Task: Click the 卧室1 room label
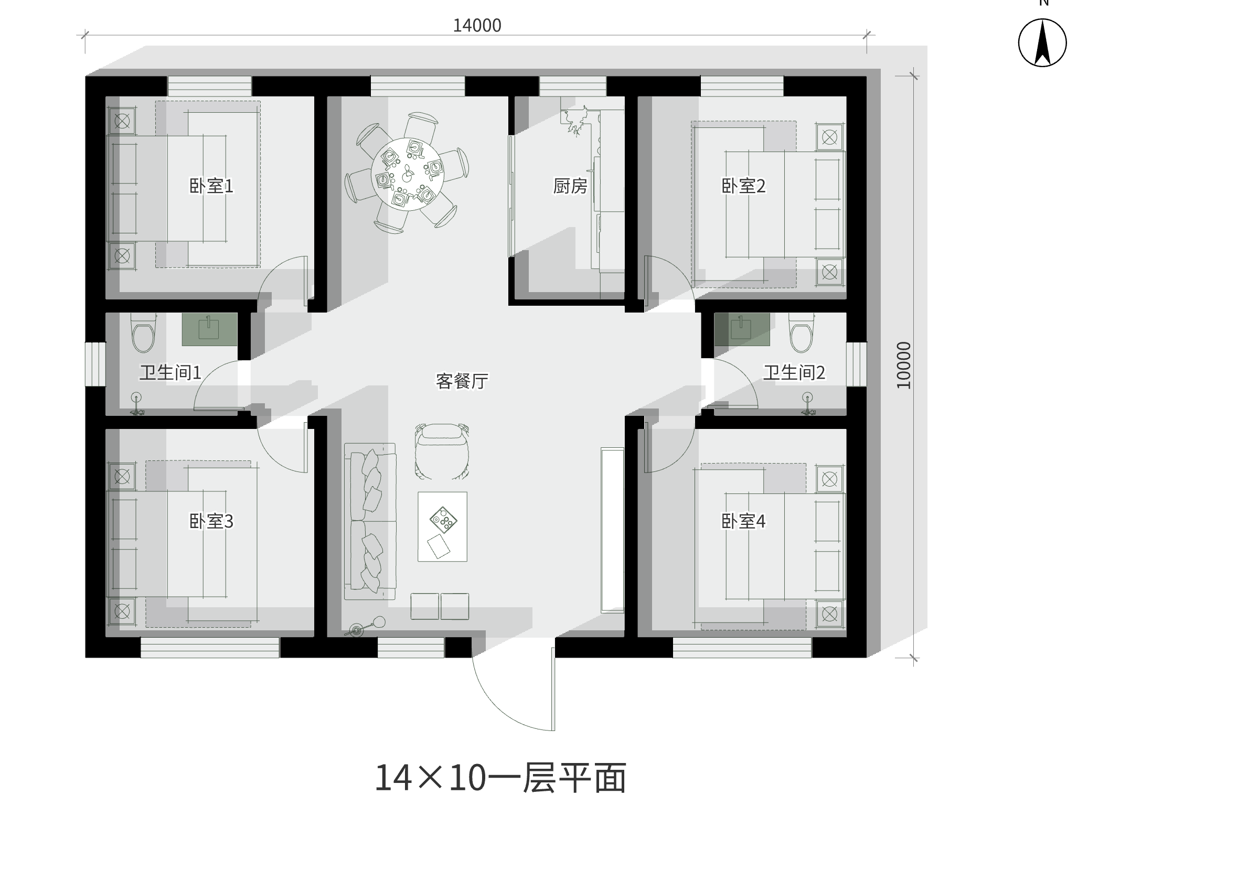(x=211, y=186)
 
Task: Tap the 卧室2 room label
(x=743, y=186)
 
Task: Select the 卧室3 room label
(x=211, y=521)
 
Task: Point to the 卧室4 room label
(x=743, y=521)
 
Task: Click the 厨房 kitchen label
(x=570, y=186)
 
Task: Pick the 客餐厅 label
(x=462, y=381)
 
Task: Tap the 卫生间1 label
(x=170, y=373)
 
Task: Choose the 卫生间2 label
(x=794, y=373)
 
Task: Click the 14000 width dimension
(x=477, y=26)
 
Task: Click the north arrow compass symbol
(x=1042, y=43)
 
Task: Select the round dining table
(x=407, y=174)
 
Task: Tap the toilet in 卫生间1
(x=144, y=334)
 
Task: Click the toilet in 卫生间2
(x=802, y=334)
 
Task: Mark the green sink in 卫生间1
(x=209, y=329)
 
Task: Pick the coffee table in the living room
(x=442, y=526)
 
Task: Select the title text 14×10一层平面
(x=500, y=778)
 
